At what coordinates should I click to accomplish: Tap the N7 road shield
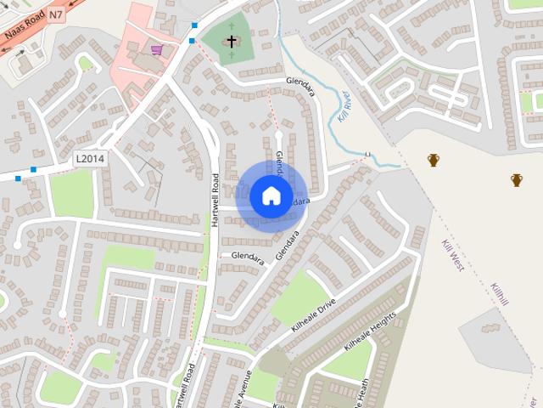56,14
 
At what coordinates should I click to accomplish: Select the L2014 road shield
89,158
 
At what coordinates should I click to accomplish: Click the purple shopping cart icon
157,49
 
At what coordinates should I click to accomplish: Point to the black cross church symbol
232,40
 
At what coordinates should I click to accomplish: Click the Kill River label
343,106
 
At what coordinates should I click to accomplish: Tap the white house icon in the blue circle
271,195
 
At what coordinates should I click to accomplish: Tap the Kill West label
452,254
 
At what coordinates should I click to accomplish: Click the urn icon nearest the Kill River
434,160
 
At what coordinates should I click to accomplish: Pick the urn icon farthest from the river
517,179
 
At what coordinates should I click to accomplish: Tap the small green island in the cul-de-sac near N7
85,62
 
